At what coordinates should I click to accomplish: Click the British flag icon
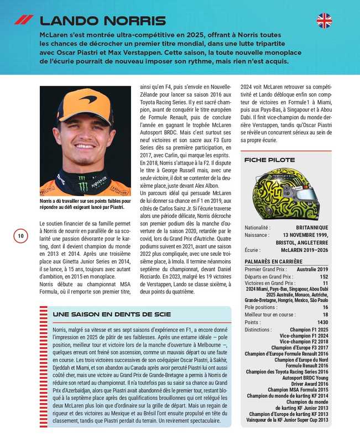click(x=324, y=21)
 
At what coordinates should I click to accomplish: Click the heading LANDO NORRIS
click(x=102, y=22)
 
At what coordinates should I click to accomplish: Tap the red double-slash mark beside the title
click(x=24, y=20)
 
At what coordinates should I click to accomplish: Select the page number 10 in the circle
click(x=20, y=236)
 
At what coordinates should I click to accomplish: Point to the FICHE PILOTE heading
click(x=269, y=160)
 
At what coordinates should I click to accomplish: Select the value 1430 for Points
click(x=322, y=322)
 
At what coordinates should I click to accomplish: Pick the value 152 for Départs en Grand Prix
click(x=324, y=276)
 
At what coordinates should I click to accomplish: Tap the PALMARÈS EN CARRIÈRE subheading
click(x=274, y=261)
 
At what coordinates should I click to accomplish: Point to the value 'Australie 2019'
click(x=312, y=269)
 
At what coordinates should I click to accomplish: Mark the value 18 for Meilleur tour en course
click(x=325, y=314)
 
